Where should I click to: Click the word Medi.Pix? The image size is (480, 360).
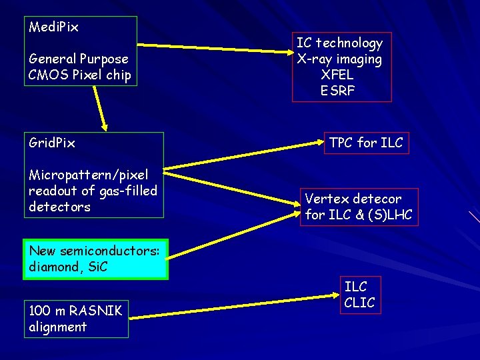(x=54, y=27)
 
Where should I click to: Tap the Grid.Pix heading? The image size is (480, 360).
(x=52, y=143)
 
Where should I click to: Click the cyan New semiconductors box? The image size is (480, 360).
(x=95, y=259)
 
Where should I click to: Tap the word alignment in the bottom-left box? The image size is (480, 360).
(x=58, y=327)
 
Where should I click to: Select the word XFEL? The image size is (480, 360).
(x=337, y=75)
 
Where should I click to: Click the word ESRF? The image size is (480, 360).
(x=337, y=91)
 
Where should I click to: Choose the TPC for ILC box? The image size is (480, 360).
(x=366, y=143)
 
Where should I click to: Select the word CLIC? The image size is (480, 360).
(x=360, y=303)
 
